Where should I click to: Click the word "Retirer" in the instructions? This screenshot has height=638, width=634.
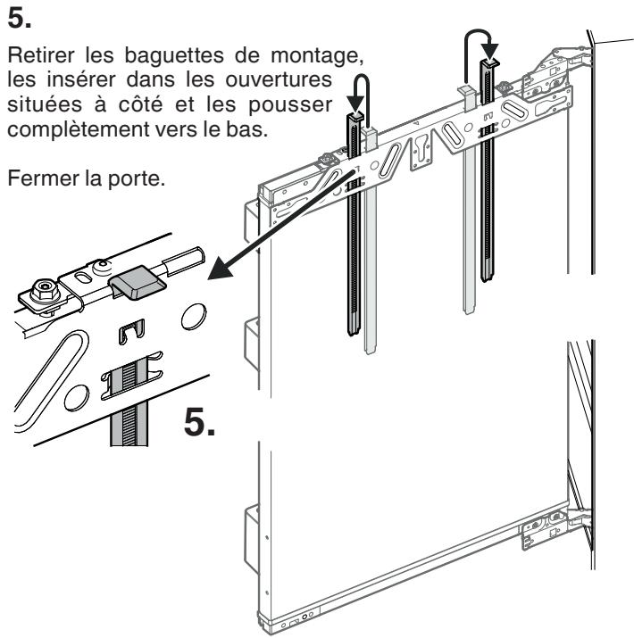[x=41, y=55]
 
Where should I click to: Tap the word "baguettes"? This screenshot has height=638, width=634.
[x=174, y=55]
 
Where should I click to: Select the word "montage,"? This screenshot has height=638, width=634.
[x=317, y=56]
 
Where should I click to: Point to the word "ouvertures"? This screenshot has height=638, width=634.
[x=279, y=79]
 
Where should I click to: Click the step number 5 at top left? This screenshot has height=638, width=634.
[x=19, y=19]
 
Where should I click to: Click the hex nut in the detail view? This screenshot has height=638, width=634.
[x=45, y=289]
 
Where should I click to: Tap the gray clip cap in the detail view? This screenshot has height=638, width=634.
[x=137, y=282]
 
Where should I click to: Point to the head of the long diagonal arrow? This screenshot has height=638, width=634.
[x=220, y=269]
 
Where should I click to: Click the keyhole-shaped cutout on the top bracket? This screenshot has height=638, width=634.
[x=421, y=152]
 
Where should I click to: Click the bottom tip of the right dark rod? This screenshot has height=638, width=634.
[x=488, y=279]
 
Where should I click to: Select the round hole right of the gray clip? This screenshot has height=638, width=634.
[x=194, y=316]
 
